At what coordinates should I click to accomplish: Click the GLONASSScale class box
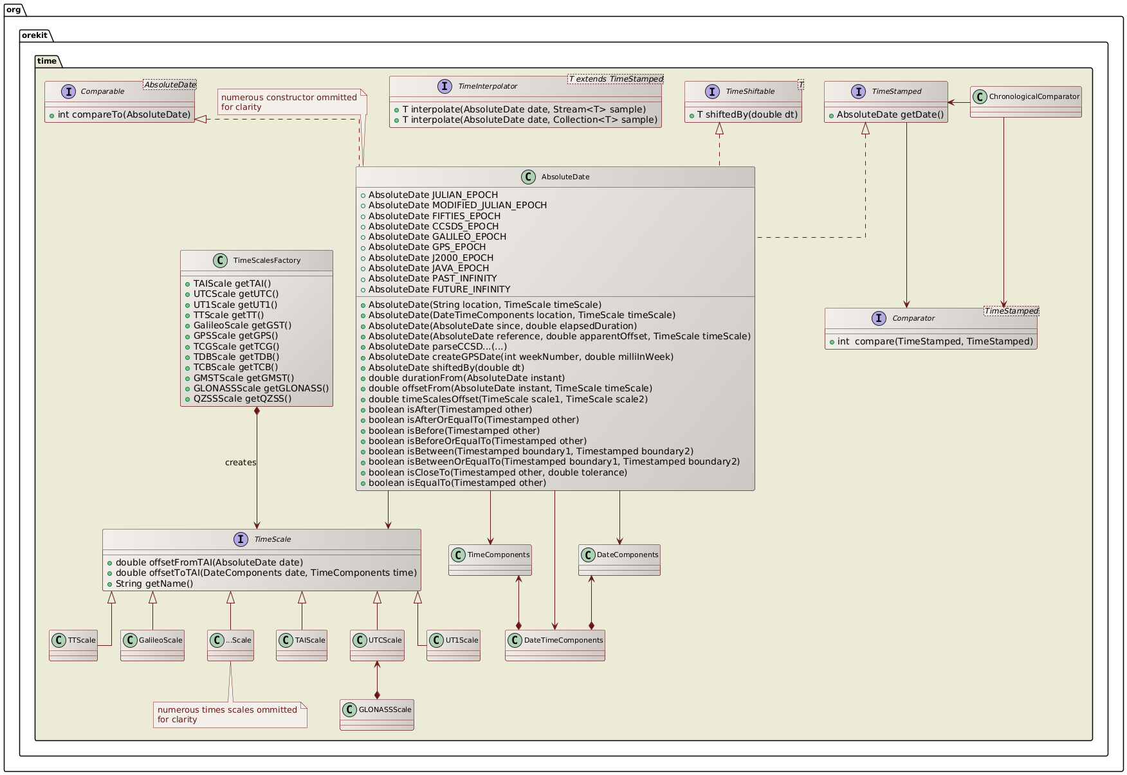(377, 715)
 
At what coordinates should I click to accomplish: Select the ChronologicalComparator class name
(1033, 96)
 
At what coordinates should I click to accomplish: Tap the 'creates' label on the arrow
(241, 462)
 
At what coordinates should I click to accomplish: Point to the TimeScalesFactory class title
(266, 260)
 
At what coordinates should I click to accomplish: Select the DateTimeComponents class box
(554, 645)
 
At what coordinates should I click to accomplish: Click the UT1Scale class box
(454, 645)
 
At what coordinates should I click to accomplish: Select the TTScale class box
(73, 645)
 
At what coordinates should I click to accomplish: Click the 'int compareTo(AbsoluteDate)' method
(124, 115)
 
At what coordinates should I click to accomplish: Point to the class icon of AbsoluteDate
(527, 177)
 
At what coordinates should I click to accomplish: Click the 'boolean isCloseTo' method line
(497, 472)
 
